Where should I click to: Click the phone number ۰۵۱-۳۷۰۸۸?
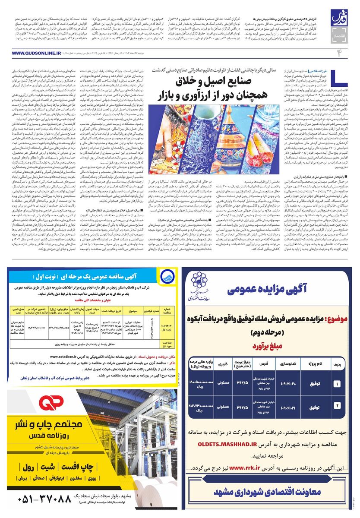coord(51,499)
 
